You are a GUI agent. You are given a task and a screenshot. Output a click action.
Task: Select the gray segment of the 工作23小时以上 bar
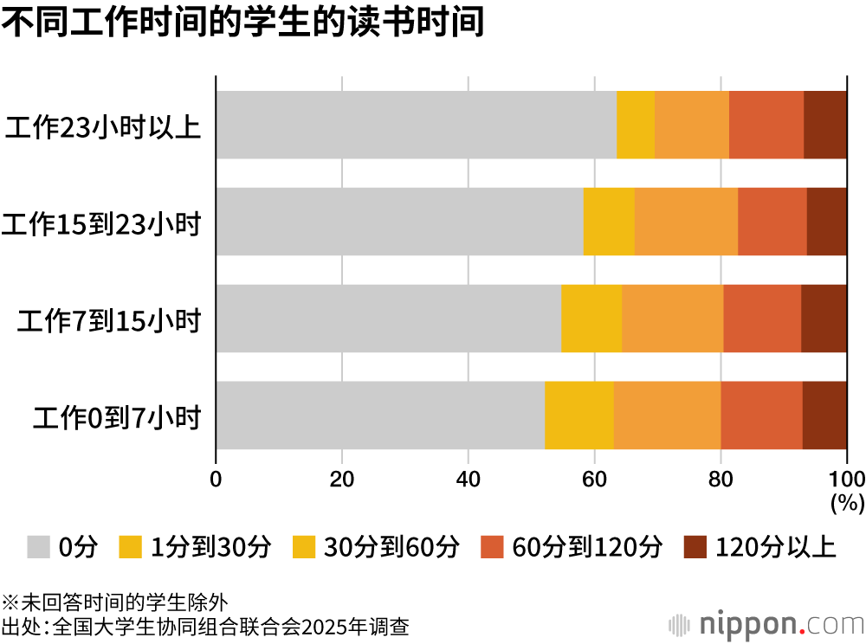point(417,125)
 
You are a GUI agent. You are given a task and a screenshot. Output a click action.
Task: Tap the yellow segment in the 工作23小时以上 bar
point(636,125)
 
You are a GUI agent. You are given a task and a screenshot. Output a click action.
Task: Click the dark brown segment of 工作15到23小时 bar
point(827,222)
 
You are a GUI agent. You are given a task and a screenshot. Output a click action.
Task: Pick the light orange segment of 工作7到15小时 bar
point(673,319)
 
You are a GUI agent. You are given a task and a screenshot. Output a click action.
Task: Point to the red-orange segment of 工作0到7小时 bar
point(761,415)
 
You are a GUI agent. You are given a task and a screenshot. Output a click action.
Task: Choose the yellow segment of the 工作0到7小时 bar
point(579,415)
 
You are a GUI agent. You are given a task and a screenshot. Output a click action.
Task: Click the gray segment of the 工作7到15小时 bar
point(389,319)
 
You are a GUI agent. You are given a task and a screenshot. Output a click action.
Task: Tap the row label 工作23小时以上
point(103,127)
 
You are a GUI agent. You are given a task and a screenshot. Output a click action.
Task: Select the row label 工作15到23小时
point(101,224)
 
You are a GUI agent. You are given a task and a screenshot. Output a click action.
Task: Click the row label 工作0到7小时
point(117,418)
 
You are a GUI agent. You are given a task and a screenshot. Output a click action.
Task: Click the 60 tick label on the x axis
point(594,479)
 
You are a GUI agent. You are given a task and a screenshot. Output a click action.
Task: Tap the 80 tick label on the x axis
point(721,479)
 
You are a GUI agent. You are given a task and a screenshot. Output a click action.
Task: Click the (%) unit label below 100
point(847,503)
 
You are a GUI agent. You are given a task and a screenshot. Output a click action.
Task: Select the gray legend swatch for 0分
point(38,547)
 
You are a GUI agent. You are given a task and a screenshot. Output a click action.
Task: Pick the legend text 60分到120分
point(587,547)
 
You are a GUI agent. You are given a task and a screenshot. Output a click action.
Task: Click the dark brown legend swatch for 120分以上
point(695,547)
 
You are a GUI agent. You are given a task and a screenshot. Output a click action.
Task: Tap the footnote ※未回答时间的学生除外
point(114,602)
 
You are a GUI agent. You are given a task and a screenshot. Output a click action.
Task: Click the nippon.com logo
point(766,625)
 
